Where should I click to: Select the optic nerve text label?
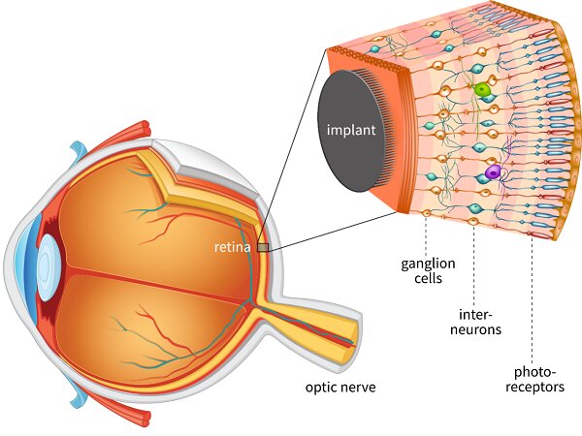pos(339,389)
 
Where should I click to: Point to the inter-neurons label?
pos(477,323)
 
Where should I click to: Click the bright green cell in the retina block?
pos(481,90)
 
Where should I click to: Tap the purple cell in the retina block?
pos(494,173)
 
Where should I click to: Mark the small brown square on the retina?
pos(263,248)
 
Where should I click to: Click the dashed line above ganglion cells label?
pos(426,233)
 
